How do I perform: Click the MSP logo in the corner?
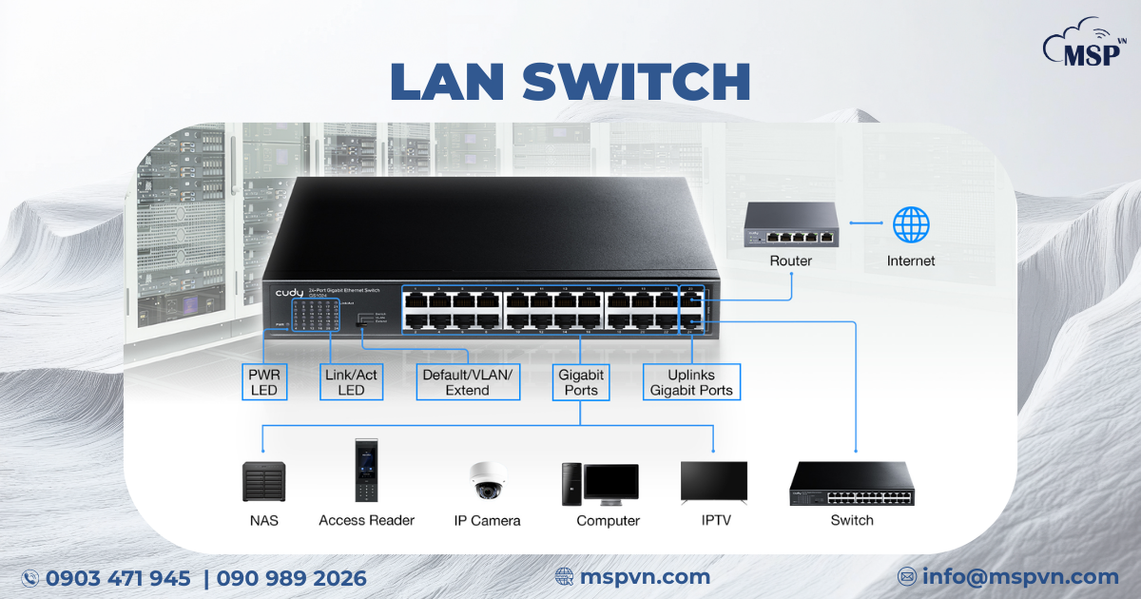(x=1085, y=42)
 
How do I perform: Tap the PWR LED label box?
(x=263, y=382)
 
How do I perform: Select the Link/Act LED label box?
(x=351, y=382)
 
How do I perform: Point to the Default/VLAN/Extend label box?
(x=468, y=382)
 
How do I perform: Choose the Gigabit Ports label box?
(x=581, y=382)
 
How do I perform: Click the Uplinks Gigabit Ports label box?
(x=691, y=382)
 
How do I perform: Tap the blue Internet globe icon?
(x=910, y=225)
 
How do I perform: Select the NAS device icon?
(x=263, y=481)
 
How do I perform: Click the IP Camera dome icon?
(x=488, y=480)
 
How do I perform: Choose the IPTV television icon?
(x=713, y=481)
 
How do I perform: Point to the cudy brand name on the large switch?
(x=290, y=291)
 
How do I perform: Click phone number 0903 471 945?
(x=118, y=578)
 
